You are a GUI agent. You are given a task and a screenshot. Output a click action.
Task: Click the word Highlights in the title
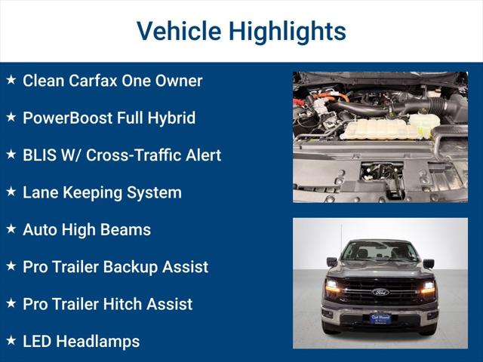[x=288, y=32]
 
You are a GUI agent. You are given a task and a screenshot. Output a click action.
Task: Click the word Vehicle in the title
[x=178, y=32]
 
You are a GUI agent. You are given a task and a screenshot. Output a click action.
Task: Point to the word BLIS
[x=40, y=155]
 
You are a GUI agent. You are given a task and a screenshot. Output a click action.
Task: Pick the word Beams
[x=128, y=230]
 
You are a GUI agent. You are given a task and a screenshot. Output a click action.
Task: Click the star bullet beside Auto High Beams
[x=11, y=229]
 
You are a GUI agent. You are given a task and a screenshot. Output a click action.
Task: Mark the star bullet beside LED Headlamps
[x=11, y=340]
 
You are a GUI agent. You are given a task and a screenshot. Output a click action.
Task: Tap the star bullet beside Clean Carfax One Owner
[x=11, y=79]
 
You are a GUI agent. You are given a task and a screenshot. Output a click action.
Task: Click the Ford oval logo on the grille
[x=380, y=292]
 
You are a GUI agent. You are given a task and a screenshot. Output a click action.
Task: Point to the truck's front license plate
[x=380, y=318]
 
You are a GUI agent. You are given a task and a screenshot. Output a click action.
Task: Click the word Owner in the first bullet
[x=178, y=81]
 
